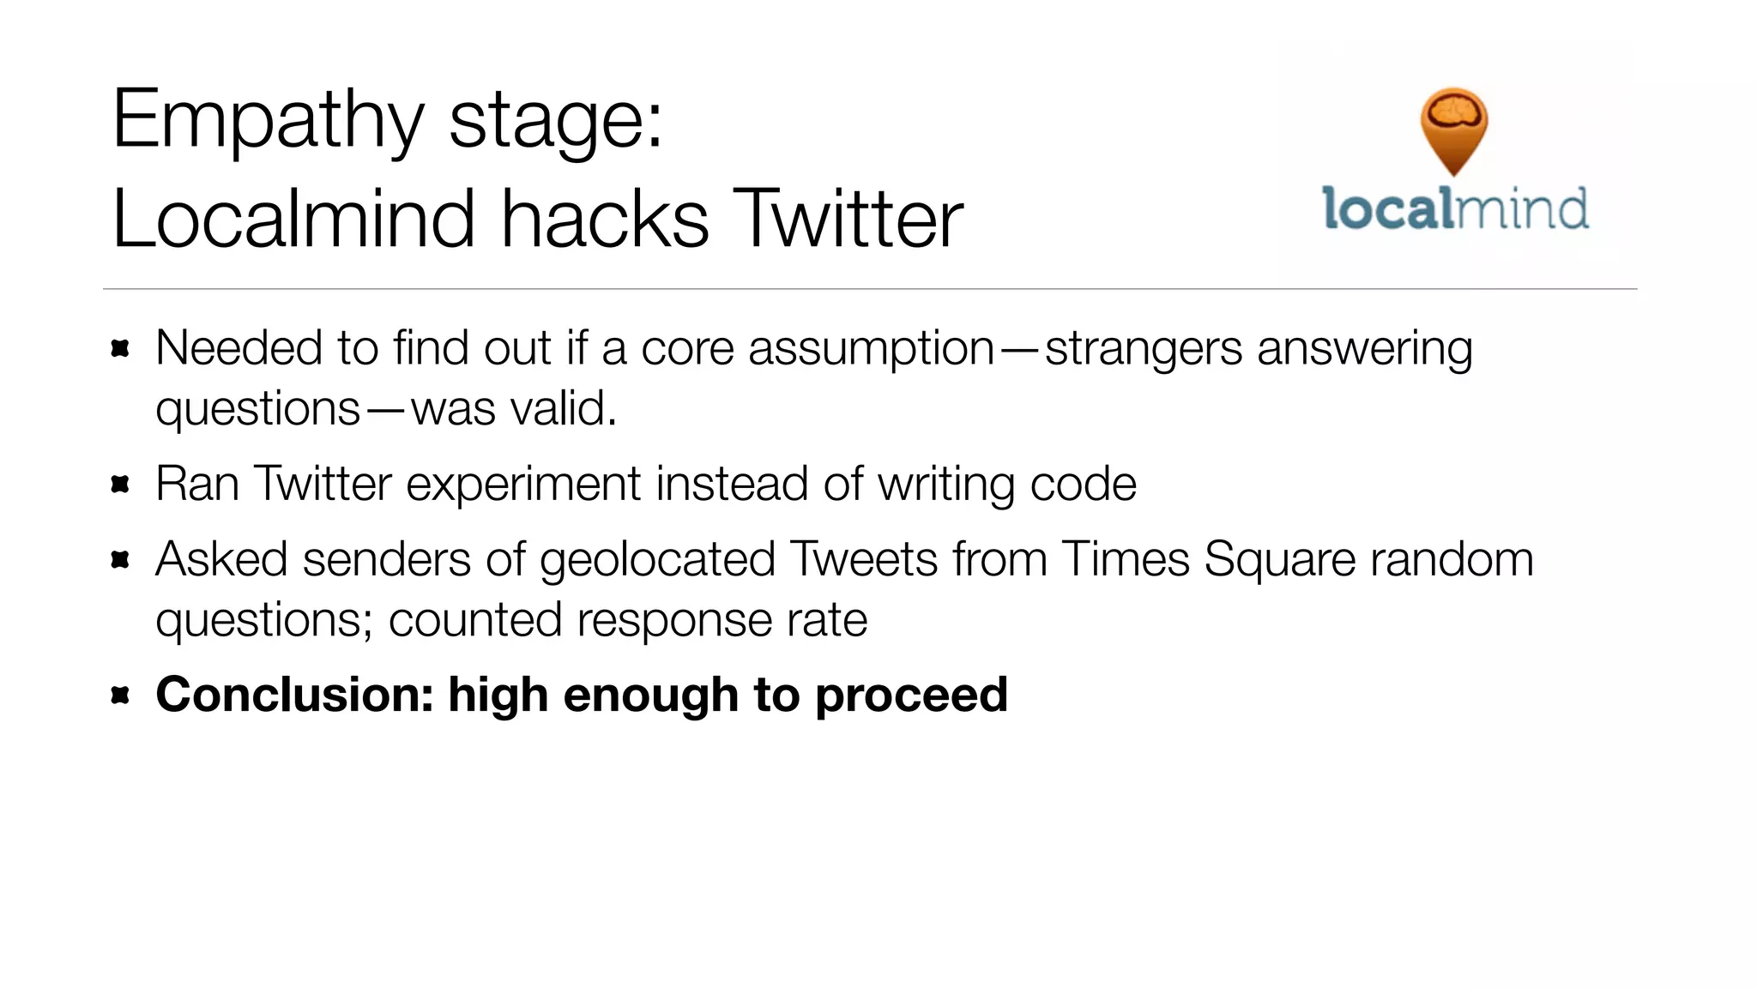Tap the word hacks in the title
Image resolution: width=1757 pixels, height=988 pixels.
(x=605, y=220)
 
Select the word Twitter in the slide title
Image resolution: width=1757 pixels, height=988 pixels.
(x=849, y=220)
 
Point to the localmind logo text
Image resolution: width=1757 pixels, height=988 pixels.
(x=1455, y=209)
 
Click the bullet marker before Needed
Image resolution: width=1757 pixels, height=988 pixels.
(x=120, y=348)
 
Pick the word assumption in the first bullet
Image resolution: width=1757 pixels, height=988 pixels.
(x=871, y=350)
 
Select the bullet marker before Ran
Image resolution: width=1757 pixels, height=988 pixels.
(x=120, y=485)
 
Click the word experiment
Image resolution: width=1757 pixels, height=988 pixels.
(x=522, y=485)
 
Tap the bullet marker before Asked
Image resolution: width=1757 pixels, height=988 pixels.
(x=120, y=560)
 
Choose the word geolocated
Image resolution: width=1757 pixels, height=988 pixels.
(x=657, y=559)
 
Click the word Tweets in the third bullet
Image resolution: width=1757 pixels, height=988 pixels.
(x=864, y=559)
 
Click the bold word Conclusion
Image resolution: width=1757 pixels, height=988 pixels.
(x=294, y=695)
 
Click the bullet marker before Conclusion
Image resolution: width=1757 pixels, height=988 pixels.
(x=120, y=695)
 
